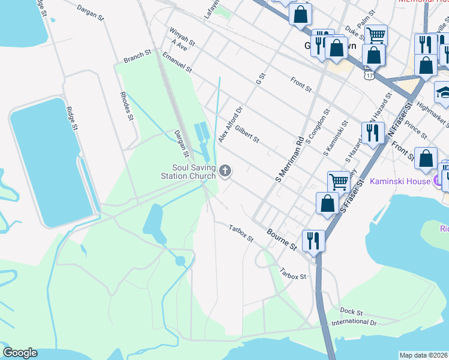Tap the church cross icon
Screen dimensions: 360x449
225,172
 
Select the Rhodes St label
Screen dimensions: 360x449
126,106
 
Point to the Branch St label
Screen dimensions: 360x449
137,57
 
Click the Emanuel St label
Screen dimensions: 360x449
176,62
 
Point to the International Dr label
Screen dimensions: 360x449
354,323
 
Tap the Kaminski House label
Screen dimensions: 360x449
400,181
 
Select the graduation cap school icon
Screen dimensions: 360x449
445,93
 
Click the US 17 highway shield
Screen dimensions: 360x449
369,75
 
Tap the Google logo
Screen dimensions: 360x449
20,353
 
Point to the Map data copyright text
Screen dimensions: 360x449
424,355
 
